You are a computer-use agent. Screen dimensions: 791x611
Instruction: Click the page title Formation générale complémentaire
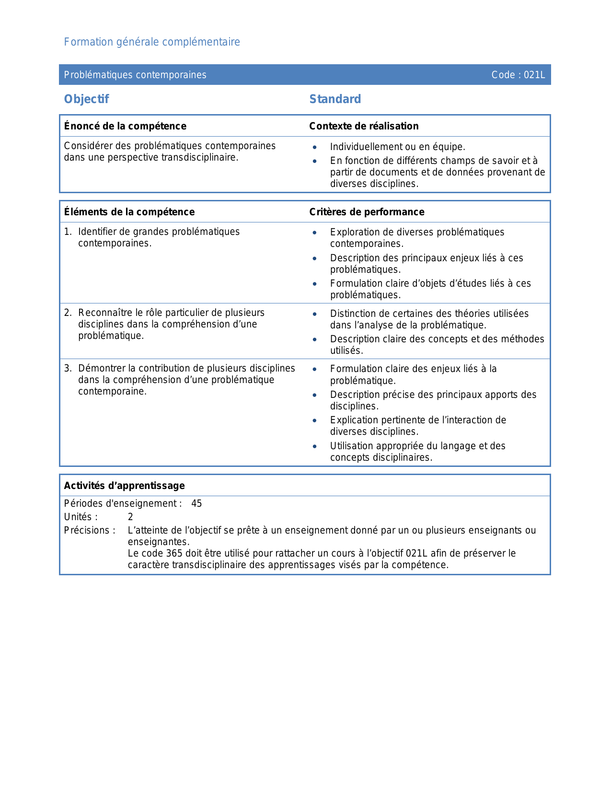point(152,42)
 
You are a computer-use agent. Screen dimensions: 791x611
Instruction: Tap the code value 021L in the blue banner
point(534,75)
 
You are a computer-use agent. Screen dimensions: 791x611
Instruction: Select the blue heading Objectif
point(86,99)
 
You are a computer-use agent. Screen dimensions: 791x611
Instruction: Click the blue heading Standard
point(335,99)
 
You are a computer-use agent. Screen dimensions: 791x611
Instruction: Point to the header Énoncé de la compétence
point(125,126)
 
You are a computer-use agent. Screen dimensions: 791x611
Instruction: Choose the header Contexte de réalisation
point(364,126)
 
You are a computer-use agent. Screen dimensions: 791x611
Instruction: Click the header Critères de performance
point(367,212)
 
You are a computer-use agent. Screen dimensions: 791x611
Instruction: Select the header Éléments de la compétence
point(129,212)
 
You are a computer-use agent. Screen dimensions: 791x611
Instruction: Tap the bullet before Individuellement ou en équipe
point(314,147)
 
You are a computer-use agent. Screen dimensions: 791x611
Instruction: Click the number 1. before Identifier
point(68,232)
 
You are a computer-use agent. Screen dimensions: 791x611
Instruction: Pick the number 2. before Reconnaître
point(68,313)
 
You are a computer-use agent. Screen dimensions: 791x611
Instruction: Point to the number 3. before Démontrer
point(68,369)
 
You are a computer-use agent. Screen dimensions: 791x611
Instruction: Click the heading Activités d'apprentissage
point(124,486)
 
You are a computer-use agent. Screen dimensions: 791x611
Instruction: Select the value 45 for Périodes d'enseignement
point(196,504)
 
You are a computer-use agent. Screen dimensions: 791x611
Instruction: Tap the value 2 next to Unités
point(130,517)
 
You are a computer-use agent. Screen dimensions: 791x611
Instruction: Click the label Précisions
point(90,531)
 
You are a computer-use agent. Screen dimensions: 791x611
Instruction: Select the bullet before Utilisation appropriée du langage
point(314,446)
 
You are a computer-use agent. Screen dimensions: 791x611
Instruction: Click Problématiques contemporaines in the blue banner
point(135,75)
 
